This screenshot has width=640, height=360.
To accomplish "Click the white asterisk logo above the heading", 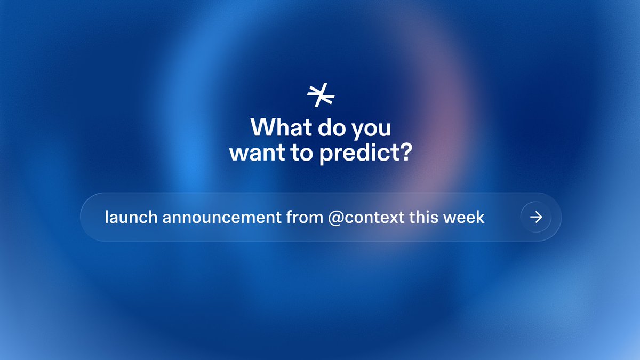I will click(x=321, y=96).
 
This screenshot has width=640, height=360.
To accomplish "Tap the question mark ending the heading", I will click(x=405, y=153).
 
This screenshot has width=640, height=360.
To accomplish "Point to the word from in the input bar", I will click(x=305, y=217).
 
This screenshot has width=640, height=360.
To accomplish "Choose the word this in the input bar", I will click(x=423, y=217).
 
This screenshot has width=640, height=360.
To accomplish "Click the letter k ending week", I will click(x=481, y=217).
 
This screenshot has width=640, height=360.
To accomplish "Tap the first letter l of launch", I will click(x=107, y=217).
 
